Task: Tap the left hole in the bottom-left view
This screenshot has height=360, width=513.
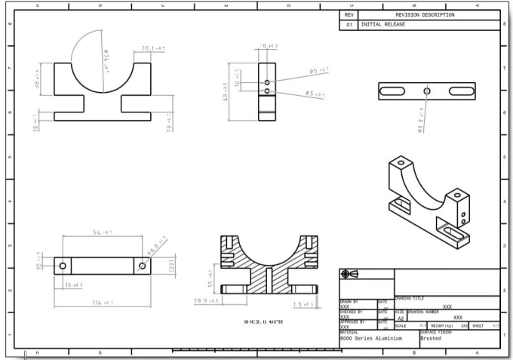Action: click(62, 266)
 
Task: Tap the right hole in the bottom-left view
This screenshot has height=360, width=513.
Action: click(142, 266)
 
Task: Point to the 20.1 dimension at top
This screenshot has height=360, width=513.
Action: click(151, 48)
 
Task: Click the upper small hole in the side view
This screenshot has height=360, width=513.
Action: click(267, 82)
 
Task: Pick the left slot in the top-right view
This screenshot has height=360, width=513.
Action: click(394, 91)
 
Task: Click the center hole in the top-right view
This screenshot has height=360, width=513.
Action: click(427, 91)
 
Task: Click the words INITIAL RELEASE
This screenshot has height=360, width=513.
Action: click(383, 24)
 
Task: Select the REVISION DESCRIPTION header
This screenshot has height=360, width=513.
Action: click(425, 14)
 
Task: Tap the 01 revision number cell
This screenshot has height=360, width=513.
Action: click(349, 24)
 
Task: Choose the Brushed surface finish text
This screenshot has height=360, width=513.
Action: click(432, 339)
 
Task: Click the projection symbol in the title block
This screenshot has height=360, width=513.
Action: click(349, 274)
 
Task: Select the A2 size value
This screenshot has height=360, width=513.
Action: click(401, 318)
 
